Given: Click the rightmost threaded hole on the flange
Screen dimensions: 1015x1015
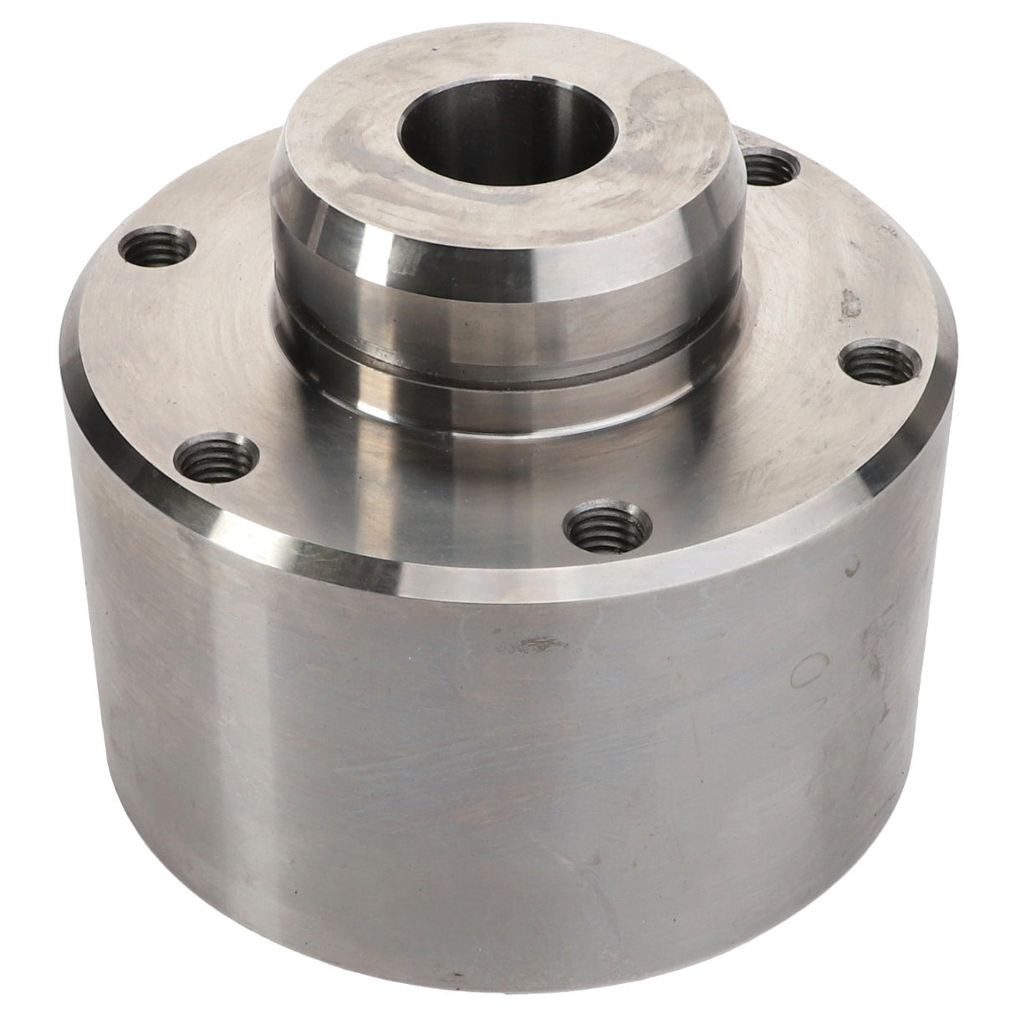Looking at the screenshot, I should (x=881, y=363).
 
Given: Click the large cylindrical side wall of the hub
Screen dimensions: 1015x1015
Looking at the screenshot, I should (x=418, y=752).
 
